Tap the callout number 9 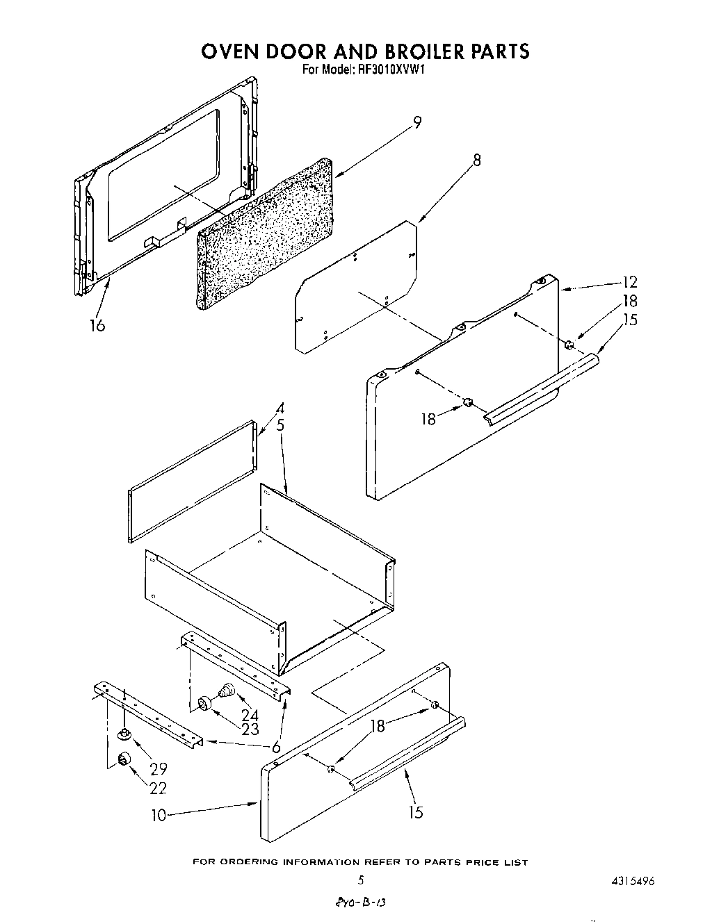[x=416, y=122]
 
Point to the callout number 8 [x=476, y=160]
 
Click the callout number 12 [x=630, y=282]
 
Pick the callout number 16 [x=97, y=324]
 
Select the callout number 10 [x=159, y=815]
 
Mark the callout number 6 [x=275, y=748]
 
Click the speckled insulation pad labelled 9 [x=264, y=233]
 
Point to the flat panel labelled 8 [x=355, y=285]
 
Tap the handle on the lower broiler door [x=407, y=754]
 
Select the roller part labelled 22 [x=124, y=759]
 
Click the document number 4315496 [x=630, y=880]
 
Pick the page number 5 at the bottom [x=360, y=880]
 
